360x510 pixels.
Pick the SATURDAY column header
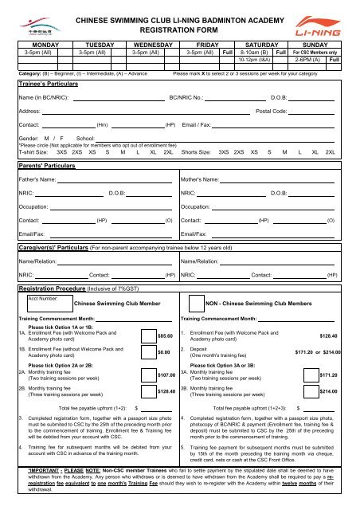click(255, 47)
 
